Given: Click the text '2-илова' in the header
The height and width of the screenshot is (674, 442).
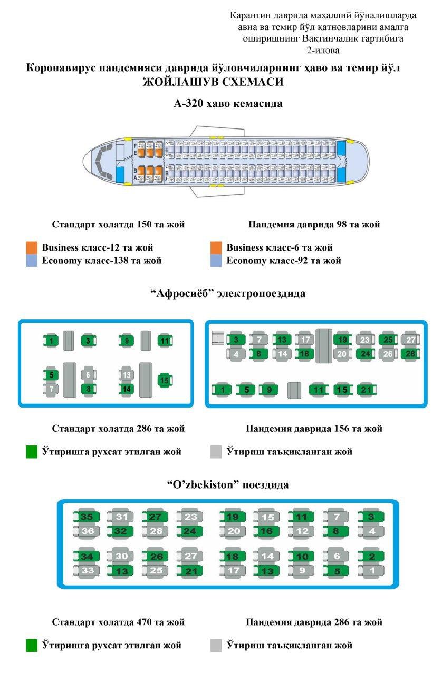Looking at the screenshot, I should pos(323,51).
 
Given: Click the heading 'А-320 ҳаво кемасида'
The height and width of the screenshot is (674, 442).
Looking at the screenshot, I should pos(228,104).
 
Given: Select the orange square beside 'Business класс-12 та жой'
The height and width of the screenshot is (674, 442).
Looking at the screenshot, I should pos(32,247).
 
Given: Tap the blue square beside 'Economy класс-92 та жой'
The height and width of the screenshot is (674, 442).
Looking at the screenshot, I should pos(215,261).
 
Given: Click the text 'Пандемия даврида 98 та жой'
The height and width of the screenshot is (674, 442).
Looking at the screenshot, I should pos(314,225).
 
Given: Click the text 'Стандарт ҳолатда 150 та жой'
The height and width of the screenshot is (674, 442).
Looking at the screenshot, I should pos(118,225).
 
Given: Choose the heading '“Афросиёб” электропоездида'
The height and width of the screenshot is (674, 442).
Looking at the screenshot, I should pos(228,293).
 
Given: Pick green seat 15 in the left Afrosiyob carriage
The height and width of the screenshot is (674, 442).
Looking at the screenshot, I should pos(165,380).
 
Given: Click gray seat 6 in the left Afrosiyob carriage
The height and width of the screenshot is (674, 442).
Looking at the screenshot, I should pos(88,375).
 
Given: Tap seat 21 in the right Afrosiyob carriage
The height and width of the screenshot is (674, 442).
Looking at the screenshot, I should pos(366,390).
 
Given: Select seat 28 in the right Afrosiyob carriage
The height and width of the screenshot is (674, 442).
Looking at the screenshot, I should pos(410,354).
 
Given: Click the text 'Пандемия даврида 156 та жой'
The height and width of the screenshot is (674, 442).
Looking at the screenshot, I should pos(314,429).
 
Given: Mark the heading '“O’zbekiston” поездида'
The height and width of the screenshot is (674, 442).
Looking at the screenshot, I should pos(228,484).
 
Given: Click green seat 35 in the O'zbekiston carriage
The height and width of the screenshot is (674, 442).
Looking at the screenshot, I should pos(87,517).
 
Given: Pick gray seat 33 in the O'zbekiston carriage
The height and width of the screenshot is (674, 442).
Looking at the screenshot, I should pos(87,570).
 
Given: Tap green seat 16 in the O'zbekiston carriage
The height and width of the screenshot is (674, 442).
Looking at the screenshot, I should pos(266,531).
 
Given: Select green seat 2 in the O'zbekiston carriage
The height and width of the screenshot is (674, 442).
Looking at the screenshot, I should pos(371,557).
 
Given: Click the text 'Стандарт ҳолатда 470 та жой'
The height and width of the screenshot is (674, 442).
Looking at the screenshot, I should pos(118,622).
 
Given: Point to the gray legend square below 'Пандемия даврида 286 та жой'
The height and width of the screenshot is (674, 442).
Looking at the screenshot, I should pos(216,646).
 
